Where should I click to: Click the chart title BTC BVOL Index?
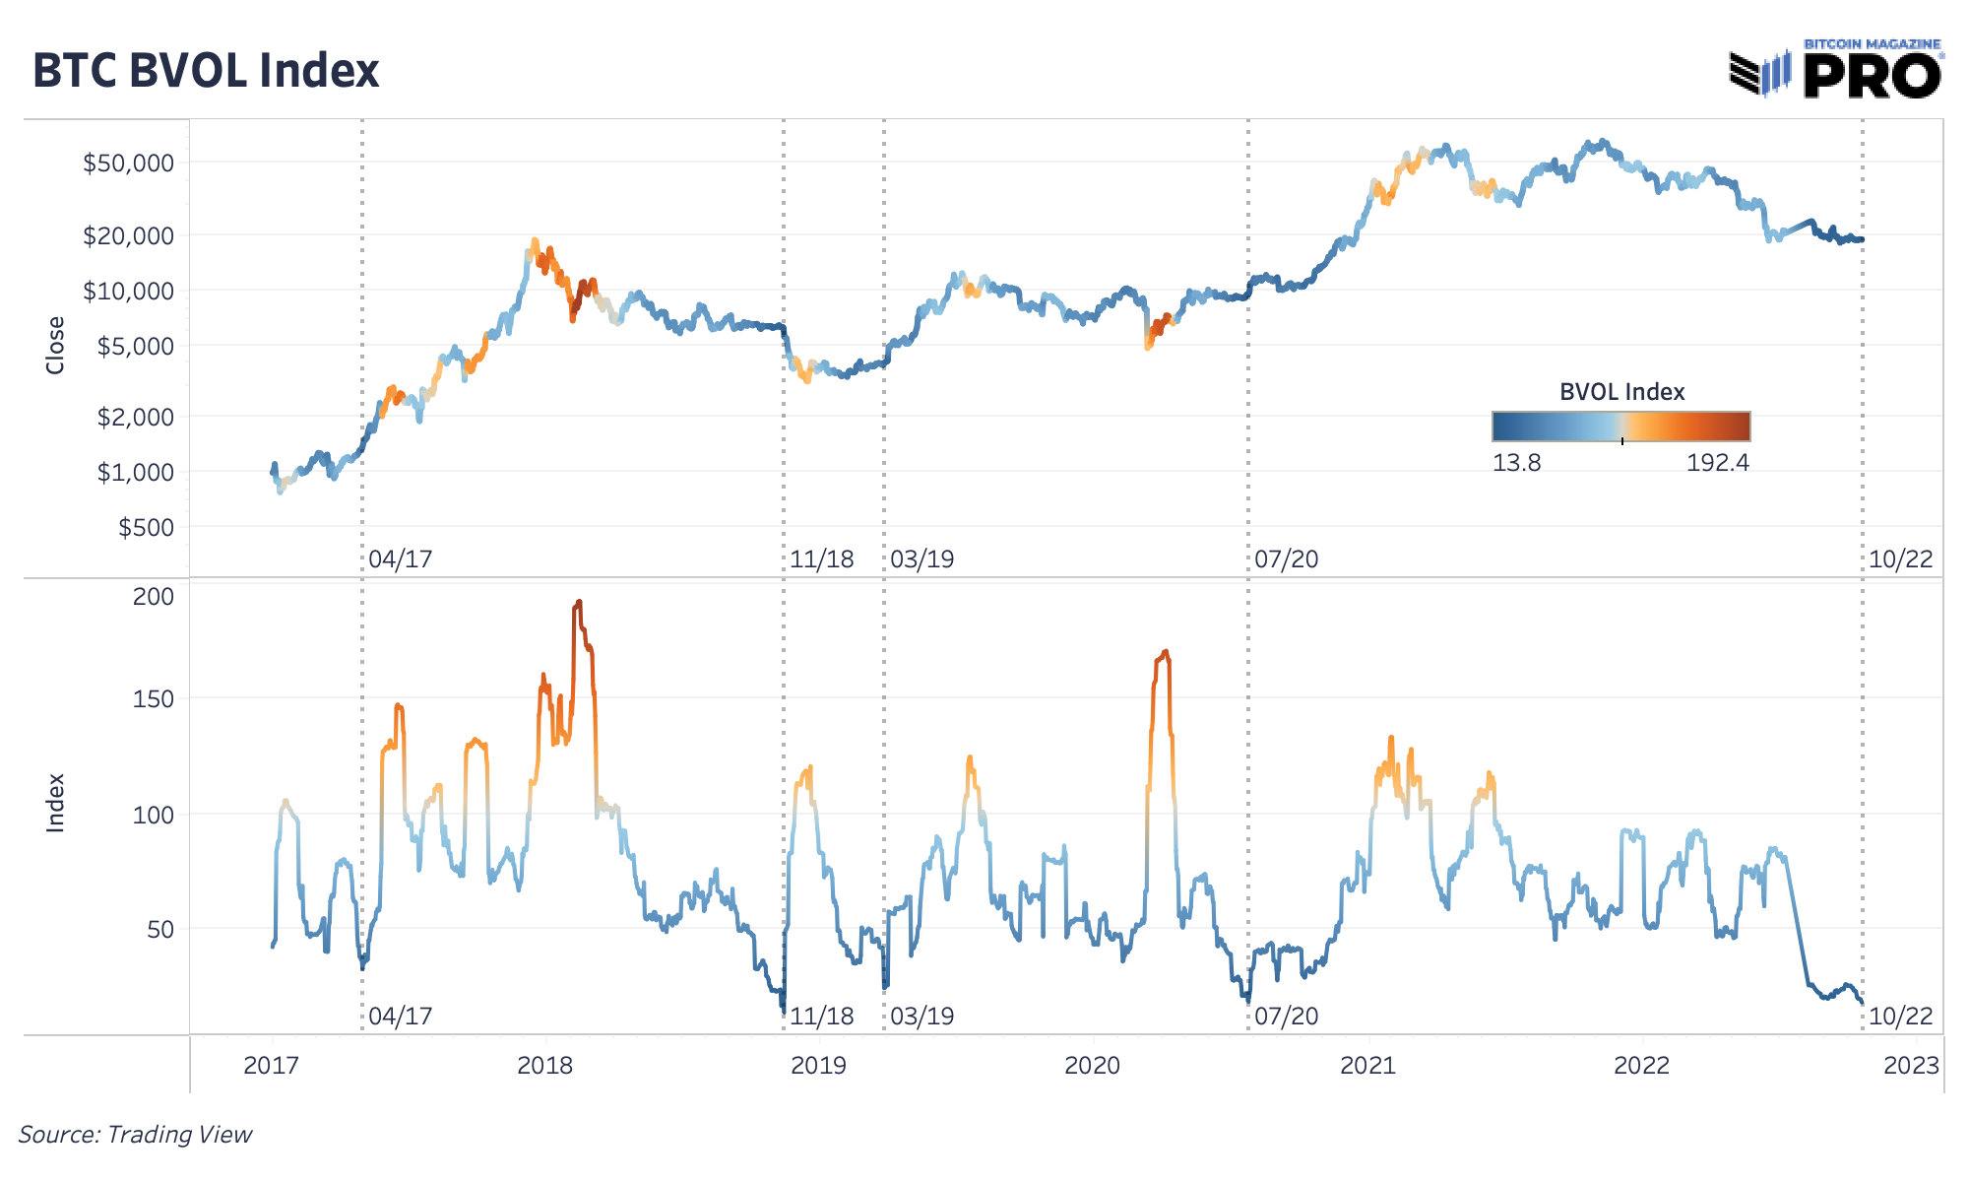click(206, 71)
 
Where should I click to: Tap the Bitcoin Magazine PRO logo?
click(1836, 70)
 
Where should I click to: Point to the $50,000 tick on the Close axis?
click(128, 164)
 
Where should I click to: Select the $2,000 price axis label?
click(135, 417)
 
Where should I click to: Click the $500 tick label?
click(146, 528)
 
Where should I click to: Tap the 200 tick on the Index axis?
click(154, 597)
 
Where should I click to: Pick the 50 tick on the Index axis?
click(160, 930)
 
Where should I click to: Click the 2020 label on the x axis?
click(1092, 1066)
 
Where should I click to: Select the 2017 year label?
click(271, 1066)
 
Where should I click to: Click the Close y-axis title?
click(55, 345)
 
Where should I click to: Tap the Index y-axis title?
click(55, 803)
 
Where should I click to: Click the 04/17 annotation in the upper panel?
click(400, 559)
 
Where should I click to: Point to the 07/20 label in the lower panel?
click(1286, 1017)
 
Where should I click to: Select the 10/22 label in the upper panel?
click(1900, 559)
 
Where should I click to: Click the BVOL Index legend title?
click(1621, 392)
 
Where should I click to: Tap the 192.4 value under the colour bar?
click(1717, 463)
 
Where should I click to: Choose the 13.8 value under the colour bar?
click(1516, 463)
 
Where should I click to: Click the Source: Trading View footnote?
click(135, 1135)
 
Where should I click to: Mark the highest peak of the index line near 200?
click(578, 603)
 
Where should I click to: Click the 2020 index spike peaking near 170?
click(1165, 652)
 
